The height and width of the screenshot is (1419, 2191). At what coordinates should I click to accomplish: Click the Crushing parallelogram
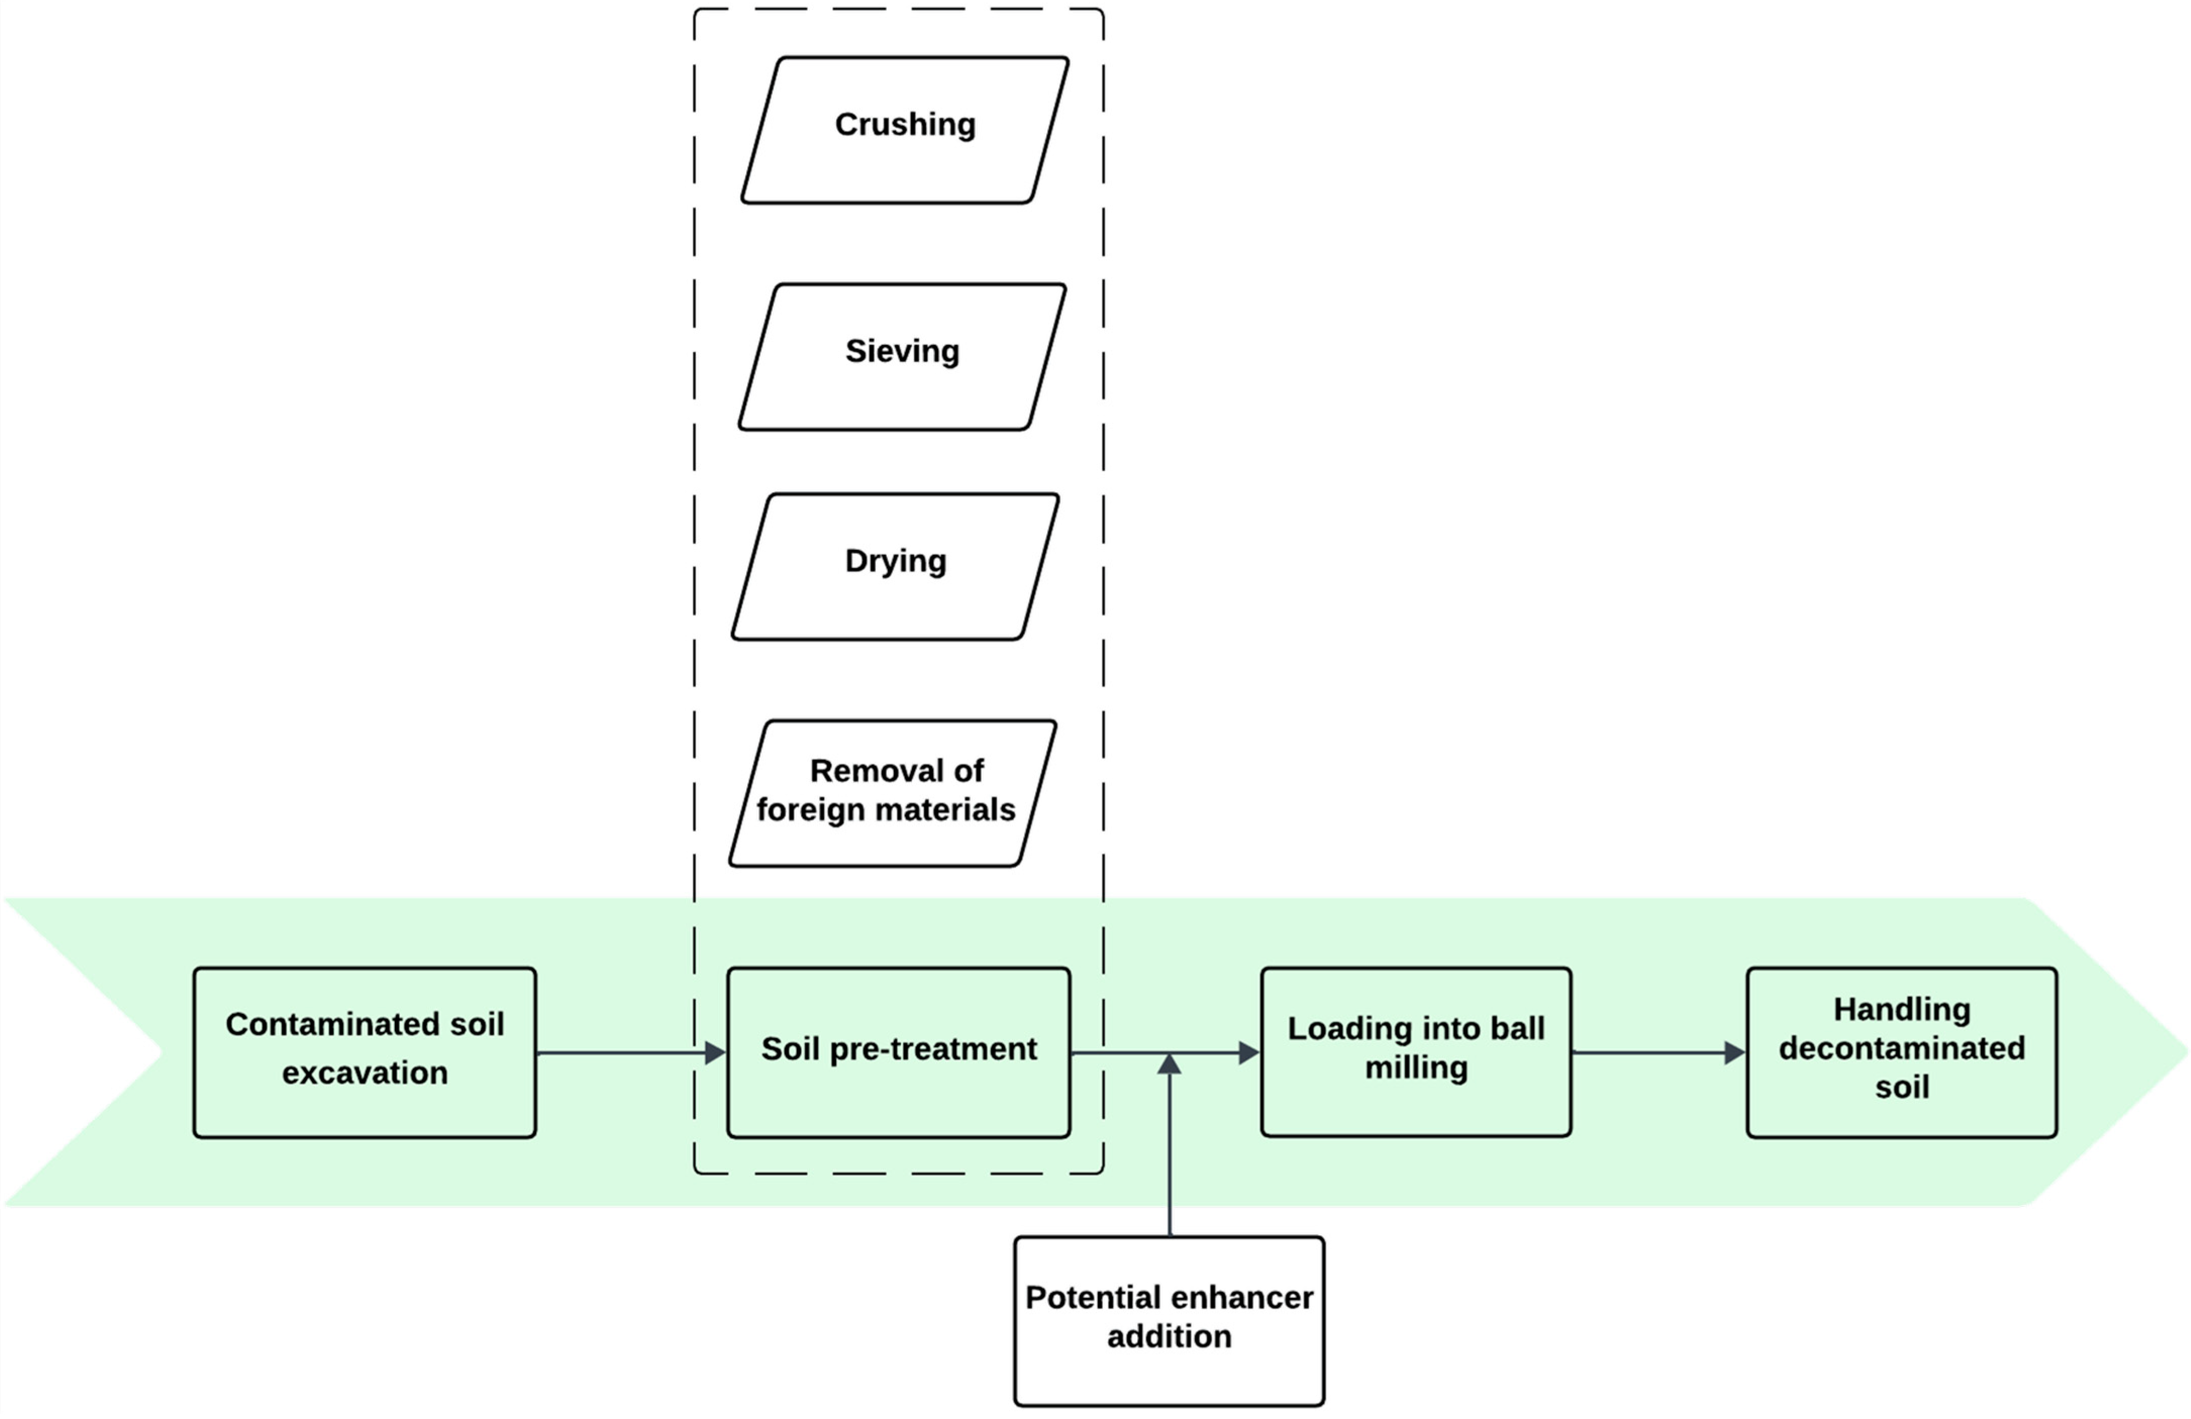coord(905,130)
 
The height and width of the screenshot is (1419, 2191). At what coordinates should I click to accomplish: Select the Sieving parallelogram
coord(902,357)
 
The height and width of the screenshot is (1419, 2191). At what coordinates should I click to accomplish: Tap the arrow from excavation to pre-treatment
coord(626,1052)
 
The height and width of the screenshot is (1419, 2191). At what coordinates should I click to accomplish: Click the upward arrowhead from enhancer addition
coord(1169,1066)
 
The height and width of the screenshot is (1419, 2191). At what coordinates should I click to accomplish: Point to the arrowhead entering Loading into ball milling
coord(1248,1052)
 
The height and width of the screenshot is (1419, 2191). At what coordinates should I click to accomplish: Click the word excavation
coord(365,1073)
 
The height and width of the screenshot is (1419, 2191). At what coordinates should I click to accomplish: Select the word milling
coord(1416,1068)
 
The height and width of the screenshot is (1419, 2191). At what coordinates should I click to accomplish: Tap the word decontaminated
coord(1902,1048)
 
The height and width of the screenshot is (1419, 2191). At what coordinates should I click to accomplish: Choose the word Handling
coord(1902,1009)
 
